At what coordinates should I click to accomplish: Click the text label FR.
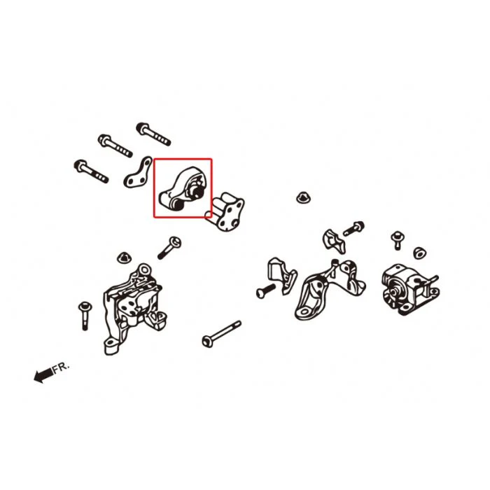pos(61,367)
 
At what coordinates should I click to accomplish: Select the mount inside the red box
pos(183,189)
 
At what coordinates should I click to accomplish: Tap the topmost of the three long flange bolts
pos(153,134)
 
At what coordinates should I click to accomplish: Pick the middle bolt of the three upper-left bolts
pos(115,146)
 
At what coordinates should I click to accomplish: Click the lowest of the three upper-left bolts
pos(91,171)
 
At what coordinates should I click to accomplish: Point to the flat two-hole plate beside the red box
pos(138,172)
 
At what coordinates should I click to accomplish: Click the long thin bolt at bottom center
pos(222,333)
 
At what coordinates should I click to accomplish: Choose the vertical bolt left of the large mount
pos(85,316)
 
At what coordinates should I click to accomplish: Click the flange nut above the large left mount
pos(125,257)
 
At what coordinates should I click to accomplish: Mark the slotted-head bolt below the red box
pos(169,248)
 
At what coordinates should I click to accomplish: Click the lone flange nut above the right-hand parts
pos(303,197)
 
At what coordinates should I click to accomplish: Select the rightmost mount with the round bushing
pos(410,289)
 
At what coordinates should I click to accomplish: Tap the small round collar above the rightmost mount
pos(420,253)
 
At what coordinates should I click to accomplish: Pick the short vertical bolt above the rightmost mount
pos(398,240)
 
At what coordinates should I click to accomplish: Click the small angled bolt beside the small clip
pos(354,228)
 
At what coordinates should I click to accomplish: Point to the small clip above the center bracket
pos(334,241)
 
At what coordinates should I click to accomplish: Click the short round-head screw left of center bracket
pos(266,290)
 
